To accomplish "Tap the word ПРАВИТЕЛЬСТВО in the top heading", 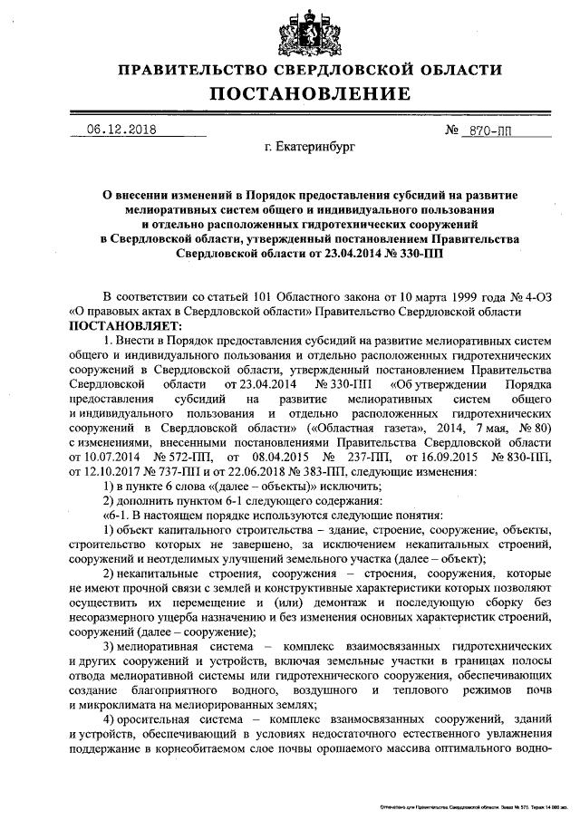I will [x=189, y=70].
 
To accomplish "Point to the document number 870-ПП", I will [x=488, y=130].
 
